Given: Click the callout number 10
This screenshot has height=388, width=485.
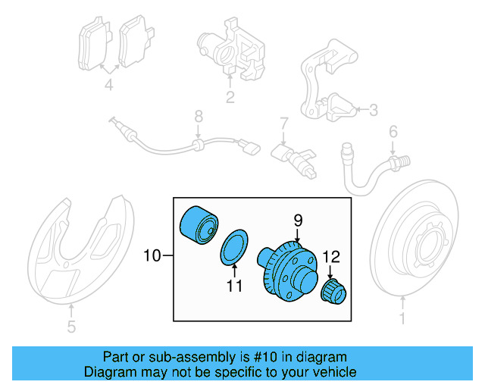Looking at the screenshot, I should click(152, 256).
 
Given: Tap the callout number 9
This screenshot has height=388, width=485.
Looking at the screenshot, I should click(298, 221).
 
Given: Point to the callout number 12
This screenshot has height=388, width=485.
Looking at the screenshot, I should click(330, 257).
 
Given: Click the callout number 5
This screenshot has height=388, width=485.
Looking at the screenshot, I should click(70, 328).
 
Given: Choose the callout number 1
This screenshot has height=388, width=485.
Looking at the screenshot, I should click(402, 320).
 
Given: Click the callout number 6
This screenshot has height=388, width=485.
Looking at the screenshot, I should click(393, 132).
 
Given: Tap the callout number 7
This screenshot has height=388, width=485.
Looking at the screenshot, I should click(283, 123).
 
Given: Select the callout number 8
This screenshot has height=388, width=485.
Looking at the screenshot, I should click(199, 116).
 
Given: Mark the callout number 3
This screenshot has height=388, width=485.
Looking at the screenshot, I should click(372, 111).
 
